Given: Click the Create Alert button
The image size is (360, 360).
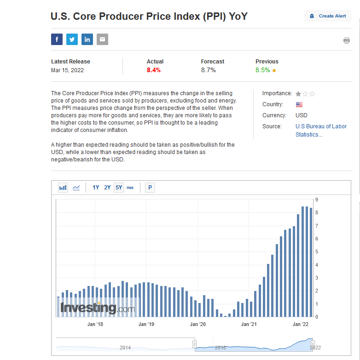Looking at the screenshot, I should click(328, 16).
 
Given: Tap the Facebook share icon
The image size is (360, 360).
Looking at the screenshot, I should click(57, 40).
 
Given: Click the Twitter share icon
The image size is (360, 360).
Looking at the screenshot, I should click(72, 40).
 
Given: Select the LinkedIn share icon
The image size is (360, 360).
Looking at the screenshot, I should click(87, 40).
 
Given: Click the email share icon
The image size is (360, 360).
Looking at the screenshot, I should click(102, 40).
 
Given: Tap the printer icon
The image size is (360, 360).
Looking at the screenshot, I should click(346, 40).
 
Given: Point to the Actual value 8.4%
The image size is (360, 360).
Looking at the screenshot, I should click(154, 70).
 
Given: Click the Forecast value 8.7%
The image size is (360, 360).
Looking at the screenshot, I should click(208, 70).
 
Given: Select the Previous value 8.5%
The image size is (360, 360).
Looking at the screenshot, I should click(263, 70).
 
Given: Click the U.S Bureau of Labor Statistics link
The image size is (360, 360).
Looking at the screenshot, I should click(321, 131).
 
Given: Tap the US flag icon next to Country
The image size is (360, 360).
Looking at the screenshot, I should click(299, 104).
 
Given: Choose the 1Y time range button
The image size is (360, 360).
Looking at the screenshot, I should click(96, 188).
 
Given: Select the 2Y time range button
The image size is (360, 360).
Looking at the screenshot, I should click(107, 188).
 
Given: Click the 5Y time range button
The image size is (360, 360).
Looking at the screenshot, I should click(119, 188).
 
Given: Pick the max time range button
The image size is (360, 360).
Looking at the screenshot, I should click(130, 188).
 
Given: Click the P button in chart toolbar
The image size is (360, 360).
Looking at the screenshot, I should click(150, 188).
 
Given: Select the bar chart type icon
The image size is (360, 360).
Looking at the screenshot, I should click(63, 188).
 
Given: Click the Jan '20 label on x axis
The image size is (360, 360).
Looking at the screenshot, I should click(198, 325).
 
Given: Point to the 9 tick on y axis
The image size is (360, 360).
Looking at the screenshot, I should click(317, 200).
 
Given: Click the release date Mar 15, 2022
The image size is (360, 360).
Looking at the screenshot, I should click(67, 70).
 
